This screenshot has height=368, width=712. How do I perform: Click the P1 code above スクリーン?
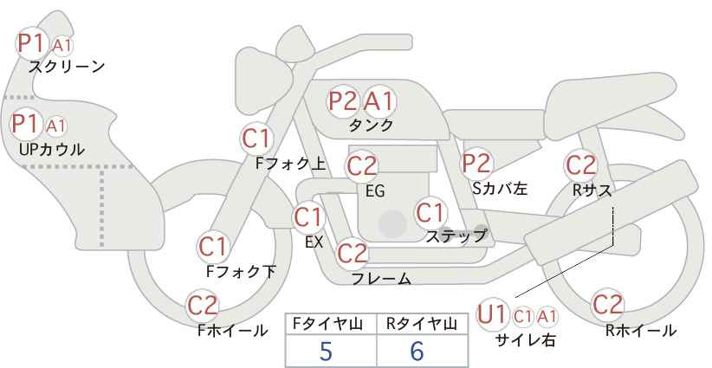31,43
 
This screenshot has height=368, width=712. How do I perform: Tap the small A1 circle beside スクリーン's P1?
61,46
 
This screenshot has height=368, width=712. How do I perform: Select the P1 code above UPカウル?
25,124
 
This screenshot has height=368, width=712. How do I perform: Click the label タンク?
371,125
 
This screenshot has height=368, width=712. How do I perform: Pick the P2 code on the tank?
342,100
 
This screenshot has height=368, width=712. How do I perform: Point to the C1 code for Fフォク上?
256,139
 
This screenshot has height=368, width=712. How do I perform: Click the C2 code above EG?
362,166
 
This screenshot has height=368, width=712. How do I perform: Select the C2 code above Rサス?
580,165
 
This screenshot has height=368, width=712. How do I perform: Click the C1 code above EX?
308,217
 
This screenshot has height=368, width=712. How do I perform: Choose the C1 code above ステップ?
430,213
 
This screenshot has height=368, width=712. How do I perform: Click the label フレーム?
381,279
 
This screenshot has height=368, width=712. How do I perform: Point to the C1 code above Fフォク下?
212,248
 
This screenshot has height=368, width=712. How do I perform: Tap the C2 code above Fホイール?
203,306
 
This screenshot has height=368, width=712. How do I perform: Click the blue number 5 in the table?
326,351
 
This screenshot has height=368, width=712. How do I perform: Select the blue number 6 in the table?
417,351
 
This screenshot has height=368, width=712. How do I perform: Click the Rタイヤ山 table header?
422,324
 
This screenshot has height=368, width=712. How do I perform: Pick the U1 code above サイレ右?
491,314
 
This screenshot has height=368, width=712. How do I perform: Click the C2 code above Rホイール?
607,305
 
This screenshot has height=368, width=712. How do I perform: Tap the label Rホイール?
641,331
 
